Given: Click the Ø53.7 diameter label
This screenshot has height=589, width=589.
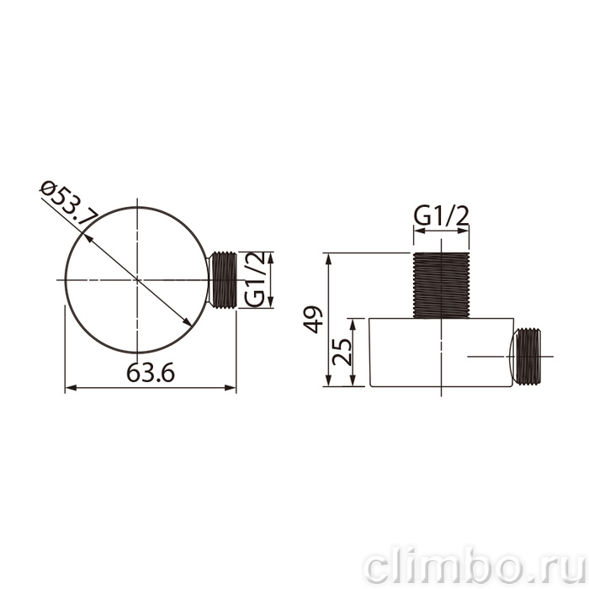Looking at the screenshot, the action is [x=70, y=203].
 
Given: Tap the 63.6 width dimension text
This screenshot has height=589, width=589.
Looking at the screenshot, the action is [x=151, y=373].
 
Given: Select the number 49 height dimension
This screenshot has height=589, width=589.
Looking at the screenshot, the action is [x=312, y=320].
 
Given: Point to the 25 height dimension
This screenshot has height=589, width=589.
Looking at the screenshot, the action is [x=342, y=352].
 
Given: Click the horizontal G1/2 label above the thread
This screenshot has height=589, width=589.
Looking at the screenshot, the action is [x=442, y=216].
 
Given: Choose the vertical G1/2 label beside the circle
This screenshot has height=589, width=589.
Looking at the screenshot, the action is [x=254, y=279].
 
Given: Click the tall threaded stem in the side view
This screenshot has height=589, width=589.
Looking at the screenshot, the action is [x=442, y=285].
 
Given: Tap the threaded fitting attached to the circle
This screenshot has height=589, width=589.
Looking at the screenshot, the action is [x=224, y=280].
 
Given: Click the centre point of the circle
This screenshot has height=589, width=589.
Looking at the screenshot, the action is [x=137, y=280].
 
